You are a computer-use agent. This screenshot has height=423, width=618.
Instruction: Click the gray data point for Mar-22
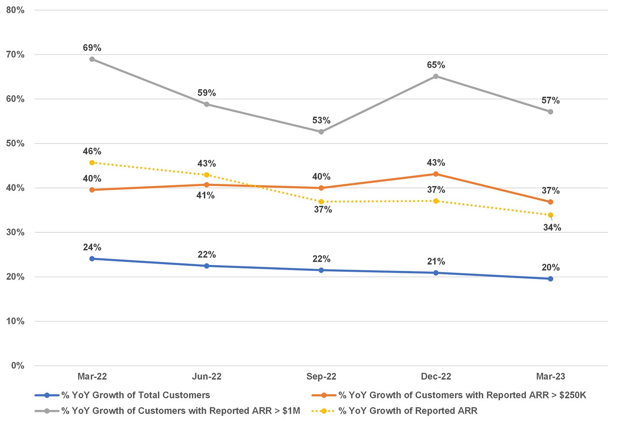(92, 59)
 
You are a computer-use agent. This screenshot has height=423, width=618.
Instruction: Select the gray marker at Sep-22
(321, 132)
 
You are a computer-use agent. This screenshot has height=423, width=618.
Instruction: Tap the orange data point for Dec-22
(436, 174)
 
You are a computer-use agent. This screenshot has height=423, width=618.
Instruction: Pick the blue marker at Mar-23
(551, 279)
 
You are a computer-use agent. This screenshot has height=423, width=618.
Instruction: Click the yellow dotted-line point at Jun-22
(207, 175)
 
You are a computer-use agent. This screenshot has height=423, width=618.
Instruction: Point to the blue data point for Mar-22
(92, 259)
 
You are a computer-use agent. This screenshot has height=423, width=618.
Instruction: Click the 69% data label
(92, 48)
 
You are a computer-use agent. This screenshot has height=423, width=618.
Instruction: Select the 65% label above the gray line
(436, 65)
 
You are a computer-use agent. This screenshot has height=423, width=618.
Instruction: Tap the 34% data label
(552, 228)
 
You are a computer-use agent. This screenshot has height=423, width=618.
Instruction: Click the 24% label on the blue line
(92, 247)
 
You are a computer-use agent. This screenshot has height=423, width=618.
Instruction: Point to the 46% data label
(92, 151)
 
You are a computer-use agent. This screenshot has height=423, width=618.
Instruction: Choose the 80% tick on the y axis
(15, 10)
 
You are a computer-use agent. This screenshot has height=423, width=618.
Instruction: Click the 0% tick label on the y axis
(17, 366)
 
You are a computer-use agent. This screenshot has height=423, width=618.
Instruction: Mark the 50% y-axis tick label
(15, 144)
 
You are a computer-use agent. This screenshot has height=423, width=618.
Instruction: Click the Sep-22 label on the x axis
(321, 377)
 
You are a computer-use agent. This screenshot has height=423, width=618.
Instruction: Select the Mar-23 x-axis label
(551, 377)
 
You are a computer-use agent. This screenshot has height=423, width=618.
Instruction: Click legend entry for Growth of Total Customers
(135, 395)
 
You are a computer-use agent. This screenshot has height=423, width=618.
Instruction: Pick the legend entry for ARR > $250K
(462, 395)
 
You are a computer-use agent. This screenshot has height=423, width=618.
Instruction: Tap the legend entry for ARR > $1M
(180, 411)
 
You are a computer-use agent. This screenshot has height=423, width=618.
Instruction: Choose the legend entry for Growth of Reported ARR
(408, 411)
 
